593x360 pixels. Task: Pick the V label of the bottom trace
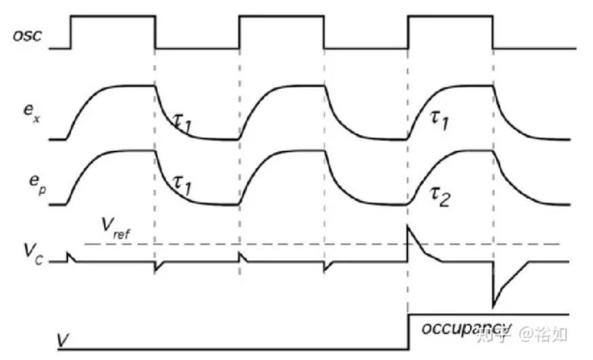62,338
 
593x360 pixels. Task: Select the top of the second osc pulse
281,16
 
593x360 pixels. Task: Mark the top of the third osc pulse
450,16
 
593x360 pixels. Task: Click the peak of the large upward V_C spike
408,226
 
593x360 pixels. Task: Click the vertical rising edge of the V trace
408,333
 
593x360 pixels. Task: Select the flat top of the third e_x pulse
469,85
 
